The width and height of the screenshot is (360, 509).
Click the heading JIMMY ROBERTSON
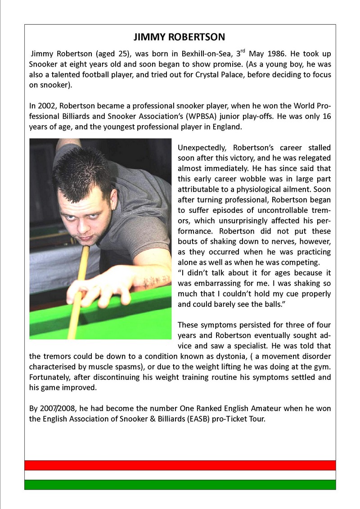180,36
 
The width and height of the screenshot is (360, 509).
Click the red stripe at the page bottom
180,465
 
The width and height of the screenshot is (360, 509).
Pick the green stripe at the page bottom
180,484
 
